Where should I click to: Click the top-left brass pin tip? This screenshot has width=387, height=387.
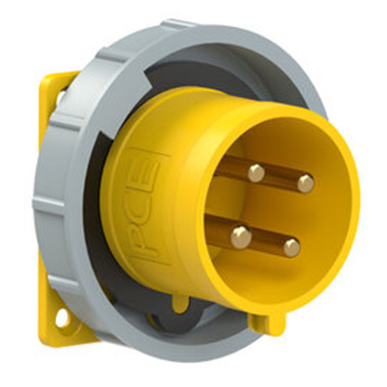click(x=256, y=172)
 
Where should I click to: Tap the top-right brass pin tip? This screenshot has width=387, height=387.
click(x=306, y=184)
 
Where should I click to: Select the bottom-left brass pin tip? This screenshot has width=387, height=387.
click(x=241, y=238)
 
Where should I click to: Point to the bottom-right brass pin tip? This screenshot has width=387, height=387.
click(x=290, y=247)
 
